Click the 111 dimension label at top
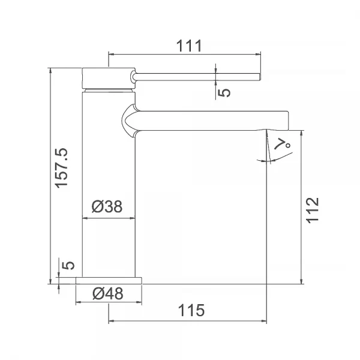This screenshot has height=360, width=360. coord(189,46)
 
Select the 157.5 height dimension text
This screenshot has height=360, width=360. coord(62,168)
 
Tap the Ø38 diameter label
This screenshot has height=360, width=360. coord(107,206)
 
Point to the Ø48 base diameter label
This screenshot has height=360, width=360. coord(107,293)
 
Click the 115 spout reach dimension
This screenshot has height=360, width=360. coord(191,310)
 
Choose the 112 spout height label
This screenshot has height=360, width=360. coord(313,210)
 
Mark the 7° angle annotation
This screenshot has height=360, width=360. coord(283,144)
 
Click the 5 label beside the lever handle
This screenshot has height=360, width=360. coord(224,92)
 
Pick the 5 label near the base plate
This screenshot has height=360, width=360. coord(68,265)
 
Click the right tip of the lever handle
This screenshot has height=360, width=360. coord(260,77)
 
